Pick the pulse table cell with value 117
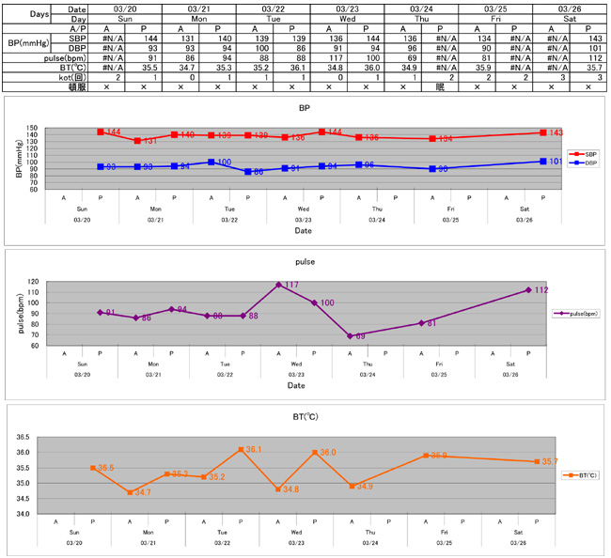pyautogui.click(x=328, y=58)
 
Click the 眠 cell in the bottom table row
pyautogui.click(x=439, y=87)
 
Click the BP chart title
pyautogui.click(x=305, y=109)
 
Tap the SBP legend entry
pyautogui.click(x=585, y=152)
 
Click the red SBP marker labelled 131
pyautogui.click(x=137, y=141)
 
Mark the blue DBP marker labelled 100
pyautogui.click(x=211, y=163)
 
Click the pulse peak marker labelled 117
pyautogui.click(x=279, y=285)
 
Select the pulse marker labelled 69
pyautogui.click(x=350, y=335)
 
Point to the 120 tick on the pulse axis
pyautogui.click(x=37, y=282)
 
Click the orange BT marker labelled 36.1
pyautogui.click(x=241, y=450)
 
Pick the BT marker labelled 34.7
pyautogui.click(x=130, y=492)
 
